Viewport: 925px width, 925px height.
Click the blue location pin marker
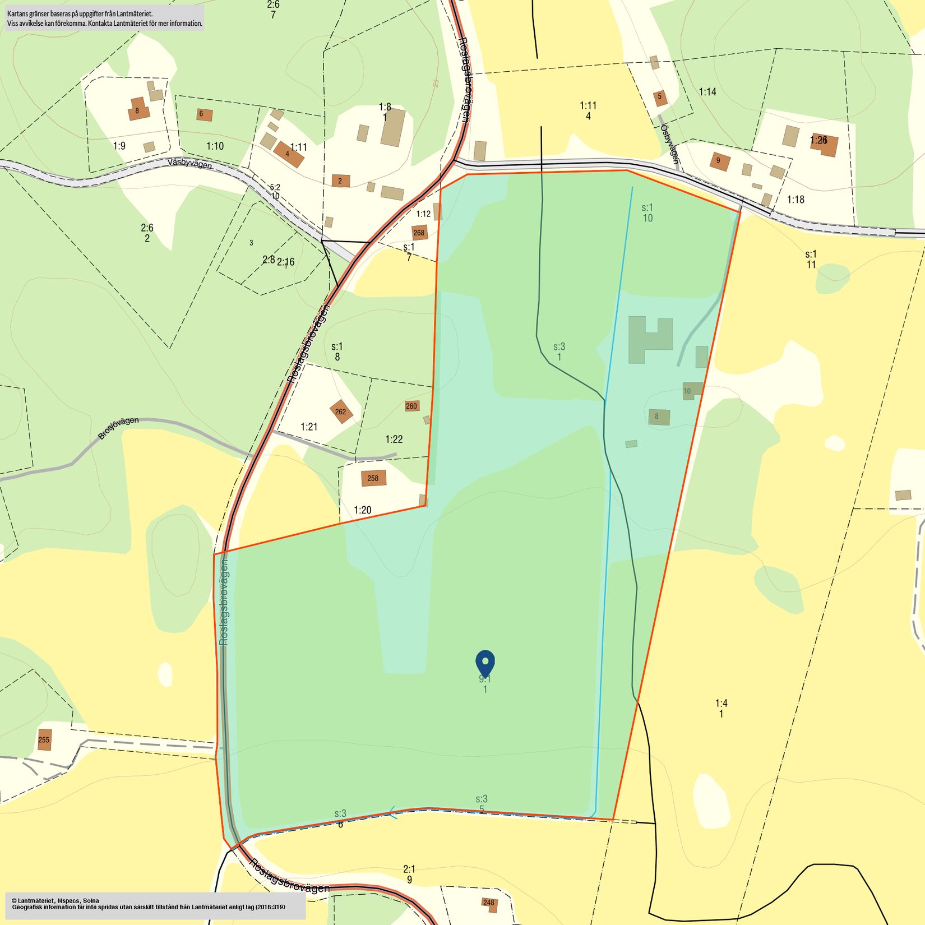click(485, 663)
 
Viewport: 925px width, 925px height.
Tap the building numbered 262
click(341, 411)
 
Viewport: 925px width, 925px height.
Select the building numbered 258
click(373, 478)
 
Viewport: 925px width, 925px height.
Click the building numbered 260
click(411, 406)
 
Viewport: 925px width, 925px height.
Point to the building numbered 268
click(419, 233)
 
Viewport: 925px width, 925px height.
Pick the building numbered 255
click(44, 739)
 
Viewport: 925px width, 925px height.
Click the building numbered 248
click(489, 903)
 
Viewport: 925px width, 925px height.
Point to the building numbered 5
click(660, 97)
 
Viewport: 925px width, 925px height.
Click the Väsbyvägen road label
click(190, 164)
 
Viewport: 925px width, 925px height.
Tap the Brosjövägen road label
click(118, 428)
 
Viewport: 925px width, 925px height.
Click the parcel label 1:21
click(309, 427)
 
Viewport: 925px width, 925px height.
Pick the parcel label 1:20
click(362, 510)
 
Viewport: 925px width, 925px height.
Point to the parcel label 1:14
click(707, 91)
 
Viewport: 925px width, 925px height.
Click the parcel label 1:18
click(795, 199)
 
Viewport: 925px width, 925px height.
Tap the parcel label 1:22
click(394, 439)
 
